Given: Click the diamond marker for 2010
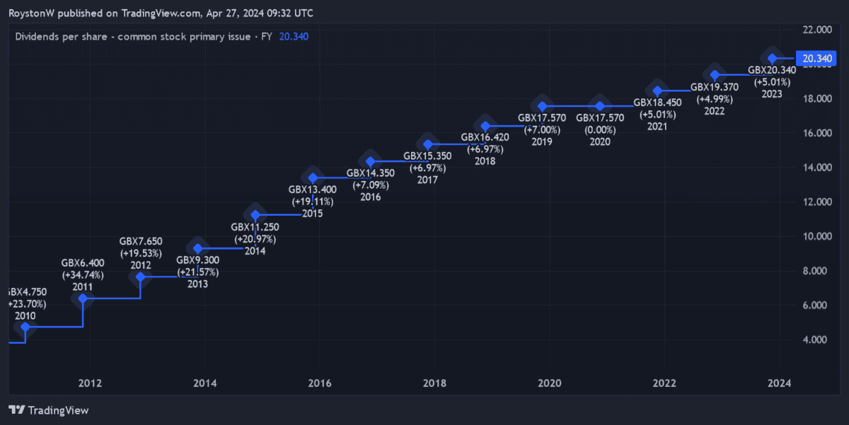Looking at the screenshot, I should pos(25,327).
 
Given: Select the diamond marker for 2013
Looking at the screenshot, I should pos(198,248).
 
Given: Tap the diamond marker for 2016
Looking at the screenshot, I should pos(370,161).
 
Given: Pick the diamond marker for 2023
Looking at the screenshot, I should pos(773,58).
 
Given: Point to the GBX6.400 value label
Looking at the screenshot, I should pos(83,262).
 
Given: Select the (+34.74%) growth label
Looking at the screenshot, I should pos(83,274).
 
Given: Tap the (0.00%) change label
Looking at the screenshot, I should pos(599,129).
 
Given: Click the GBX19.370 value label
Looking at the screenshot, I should pos(714,87).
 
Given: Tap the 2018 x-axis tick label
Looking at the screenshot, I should pos(434,383).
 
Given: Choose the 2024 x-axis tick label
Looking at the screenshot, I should pos(779,383).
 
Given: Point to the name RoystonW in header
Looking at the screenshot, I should pos(33,13).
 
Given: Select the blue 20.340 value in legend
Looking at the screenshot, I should pos(294,36).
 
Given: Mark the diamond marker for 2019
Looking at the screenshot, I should pos(543,106).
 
